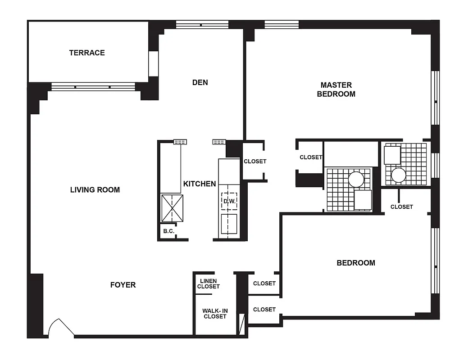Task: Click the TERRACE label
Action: (87, 53)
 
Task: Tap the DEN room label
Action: (200, 82)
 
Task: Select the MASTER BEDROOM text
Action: (336, 90)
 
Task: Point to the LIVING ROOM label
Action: (95, 190)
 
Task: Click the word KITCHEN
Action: (200, 184)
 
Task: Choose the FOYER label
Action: (123, 285)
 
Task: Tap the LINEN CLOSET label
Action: (209, 284)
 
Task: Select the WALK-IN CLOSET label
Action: (214, 314)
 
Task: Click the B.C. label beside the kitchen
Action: (169, 231)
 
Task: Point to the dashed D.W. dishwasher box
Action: (229, 201)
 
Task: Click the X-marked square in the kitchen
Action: (173, 208)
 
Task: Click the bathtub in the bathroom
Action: (351, 154)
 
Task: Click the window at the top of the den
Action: (202, 24)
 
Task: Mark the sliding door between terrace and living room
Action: (93, 87)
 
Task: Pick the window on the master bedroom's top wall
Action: (282, 24)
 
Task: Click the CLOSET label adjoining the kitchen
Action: (255, 161)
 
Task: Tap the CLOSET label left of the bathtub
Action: (311, 157)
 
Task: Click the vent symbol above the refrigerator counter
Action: (180, 142)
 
